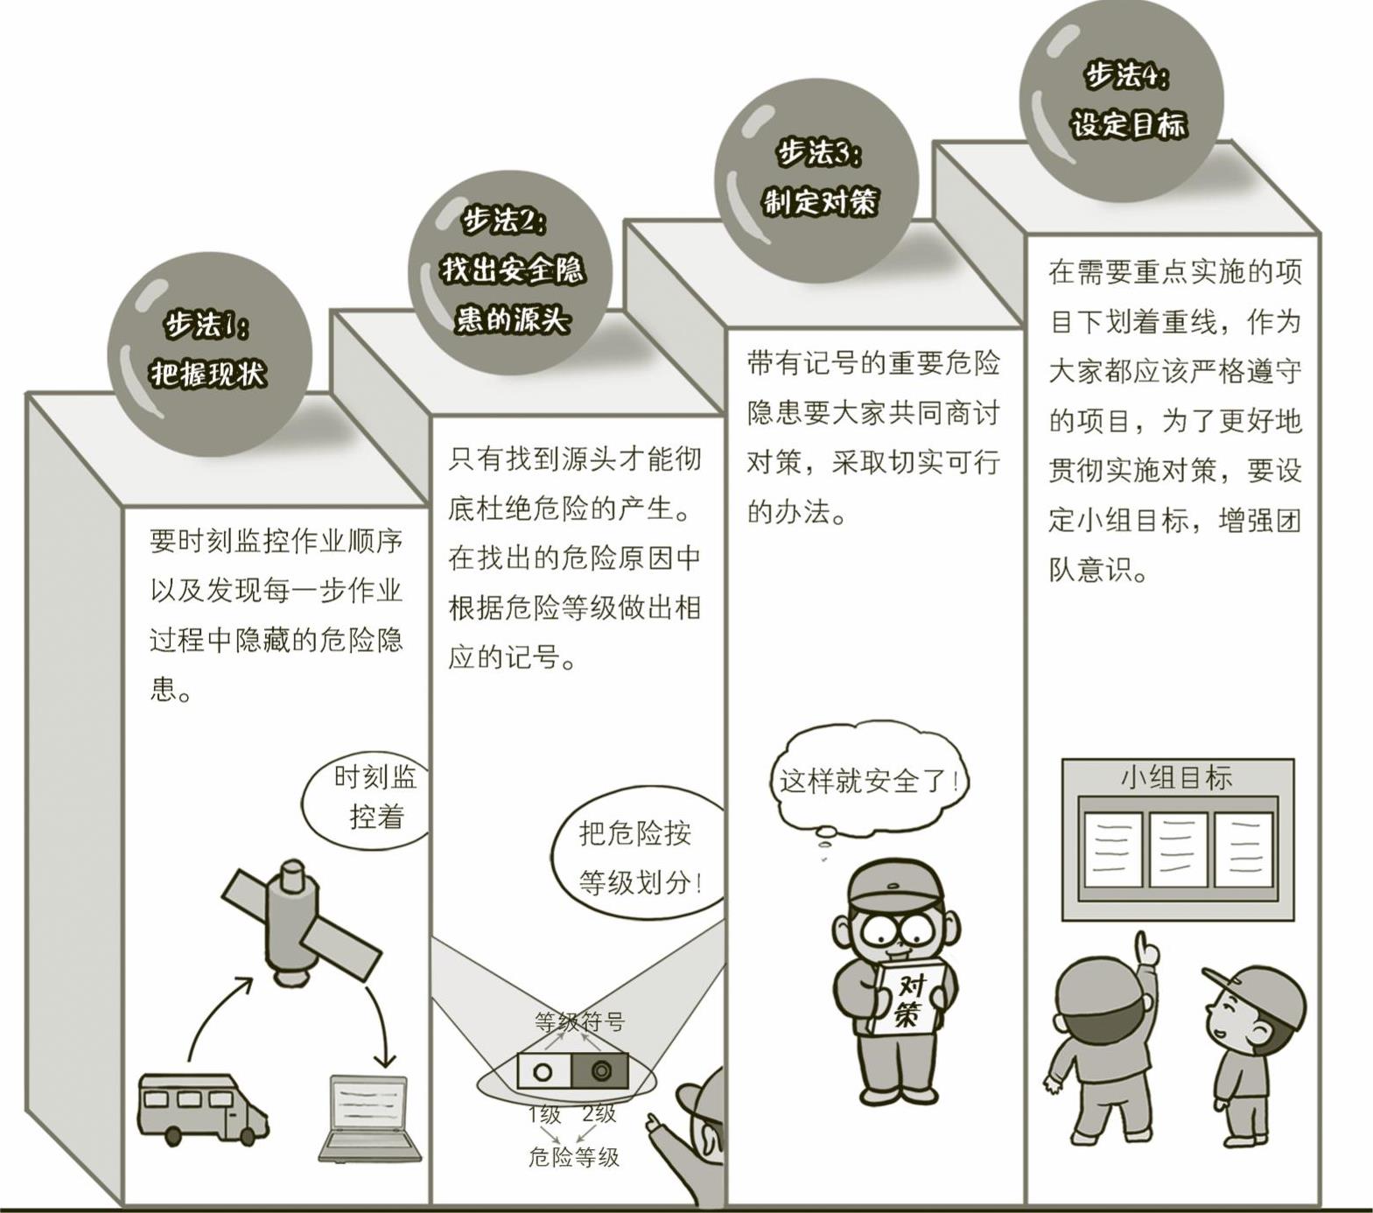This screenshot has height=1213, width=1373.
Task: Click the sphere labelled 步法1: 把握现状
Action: click(x=210, y=354)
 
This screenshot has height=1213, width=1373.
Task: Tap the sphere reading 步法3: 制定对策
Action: click(x=817, y=180)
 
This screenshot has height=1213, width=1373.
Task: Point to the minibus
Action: click(x=201, y=1108)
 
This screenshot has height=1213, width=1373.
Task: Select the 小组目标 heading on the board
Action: click(x=1176, y=777)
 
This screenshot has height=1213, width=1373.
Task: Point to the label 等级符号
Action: click(x=579, y=1021)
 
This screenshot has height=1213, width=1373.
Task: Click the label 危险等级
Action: click(x=573, y=1157)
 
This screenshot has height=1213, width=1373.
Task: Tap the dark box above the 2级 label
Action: click(x=600, y=1070)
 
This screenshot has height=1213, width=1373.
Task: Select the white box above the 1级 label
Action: click(x=544, y=1070)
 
